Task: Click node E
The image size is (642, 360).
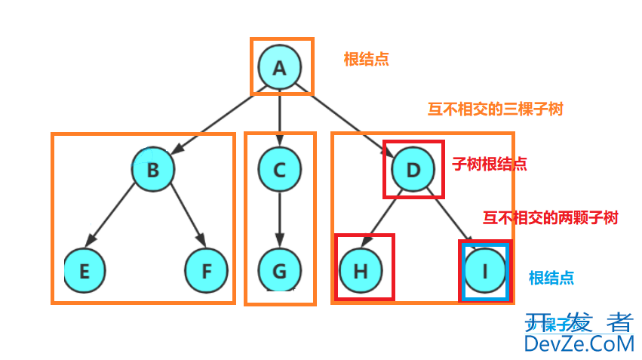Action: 84,270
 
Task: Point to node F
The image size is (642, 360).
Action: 207,270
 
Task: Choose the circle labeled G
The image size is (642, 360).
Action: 280,270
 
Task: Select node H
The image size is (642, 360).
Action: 361,270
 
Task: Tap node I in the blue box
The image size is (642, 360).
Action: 483,270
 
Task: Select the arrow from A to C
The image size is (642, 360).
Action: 280,117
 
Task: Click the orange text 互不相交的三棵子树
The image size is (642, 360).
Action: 495,109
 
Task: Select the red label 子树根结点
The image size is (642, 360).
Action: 489,163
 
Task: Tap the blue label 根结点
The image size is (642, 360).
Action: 551,278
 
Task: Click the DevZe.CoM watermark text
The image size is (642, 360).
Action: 579,344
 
